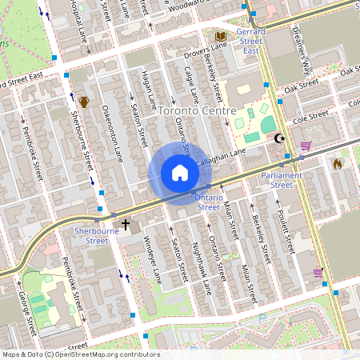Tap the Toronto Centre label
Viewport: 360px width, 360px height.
pos(198,110)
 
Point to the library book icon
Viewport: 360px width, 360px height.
pos(222,36)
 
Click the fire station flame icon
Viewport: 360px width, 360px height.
pos(337,163)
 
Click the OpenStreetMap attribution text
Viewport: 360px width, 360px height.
pos(80,354)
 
